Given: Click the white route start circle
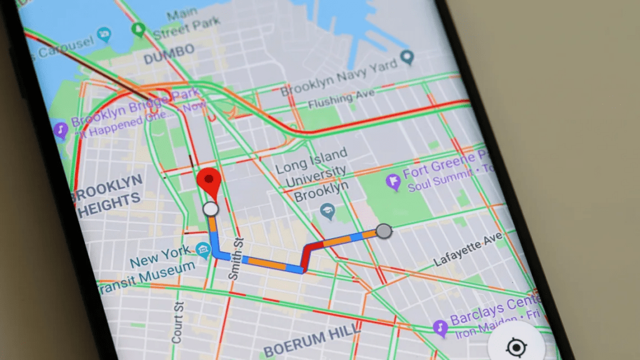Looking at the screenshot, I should coord(211,209).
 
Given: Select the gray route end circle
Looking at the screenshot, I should coord(384,231).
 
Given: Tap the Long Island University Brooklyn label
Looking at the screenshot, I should coord(311,174).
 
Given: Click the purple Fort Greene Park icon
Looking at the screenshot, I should coord(393,183).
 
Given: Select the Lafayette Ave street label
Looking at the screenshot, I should coord(468,251).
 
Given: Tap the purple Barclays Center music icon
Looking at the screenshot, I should coord(440,327).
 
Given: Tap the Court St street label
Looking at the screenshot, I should coord(178,322).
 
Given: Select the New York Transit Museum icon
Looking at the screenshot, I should coord(202,251).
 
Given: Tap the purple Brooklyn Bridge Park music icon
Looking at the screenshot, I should coord(61,130).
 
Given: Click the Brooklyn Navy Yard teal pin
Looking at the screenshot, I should coord(407,59).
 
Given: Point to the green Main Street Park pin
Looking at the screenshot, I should coord(139,29).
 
